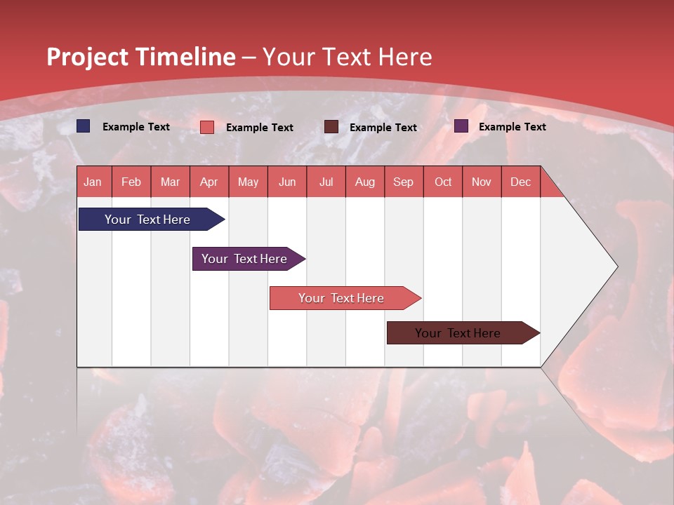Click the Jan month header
(93, 182)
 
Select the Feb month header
(131, 182)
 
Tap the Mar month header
(170, 182)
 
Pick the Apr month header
(209, 182)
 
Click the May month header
(248, 182)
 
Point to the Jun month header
(287, 182)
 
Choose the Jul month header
(326, 182)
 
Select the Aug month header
(365, 182)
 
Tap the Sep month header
(404, 182)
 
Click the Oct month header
(443, 182)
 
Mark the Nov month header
(482, 182)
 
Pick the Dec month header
(521, 182)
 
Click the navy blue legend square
(84, 126)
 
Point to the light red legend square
(207, 127)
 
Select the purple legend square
(461, 126)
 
